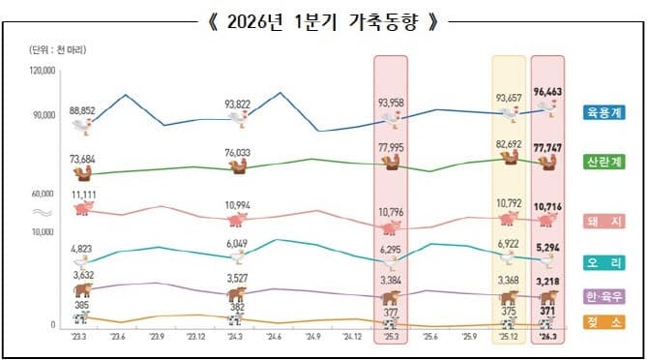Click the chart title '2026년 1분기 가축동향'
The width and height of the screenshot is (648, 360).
pyautogui.click(x=323, y=20)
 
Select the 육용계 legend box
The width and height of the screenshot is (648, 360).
pyautogui.click(x=604, y=113)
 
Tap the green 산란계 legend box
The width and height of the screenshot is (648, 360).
pyautogui.click(x=604, y=161)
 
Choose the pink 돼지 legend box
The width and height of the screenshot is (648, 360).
pyautogui.click(x=604, y=222)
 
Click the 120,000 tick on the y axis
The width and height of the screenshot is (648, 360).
pyautogui.click(x=43, y=71)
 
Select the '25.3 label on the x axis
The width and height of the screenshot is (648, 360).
pyautogui.click(x=392, y=338)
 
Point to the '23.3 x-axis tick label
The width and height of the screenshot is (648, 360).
pyautogui.click(x=80, y=338)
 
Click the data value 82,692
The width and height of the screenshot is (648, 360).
pyautogui.click(x=509, y=144)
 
